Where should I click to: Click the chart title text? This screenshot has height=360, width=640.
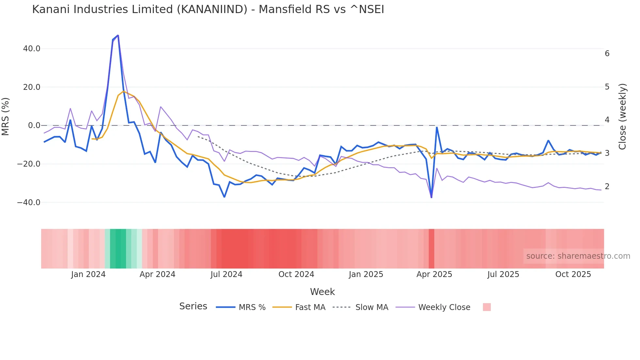(x=208, y=9)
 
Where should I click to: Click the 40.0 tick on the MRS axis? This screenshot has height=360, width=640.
(x=32, y=49)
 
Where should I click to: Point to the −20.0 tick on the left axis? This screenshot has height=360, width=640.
(x=29, y=164)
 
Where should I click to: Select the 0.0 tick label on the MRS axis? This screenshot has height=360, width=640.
(x=34, y=125)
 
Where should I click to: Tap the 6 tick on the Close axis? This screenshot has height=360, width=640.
(x=607, y=54)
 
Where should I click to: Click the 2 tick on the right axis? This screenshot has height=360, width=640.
(x=607, y=187)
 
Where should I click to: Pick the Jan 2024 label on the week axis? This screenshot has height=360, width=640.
(x=88, y=274)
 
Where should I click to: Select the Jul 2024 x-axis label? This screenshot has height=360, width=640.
(x=226, y=274)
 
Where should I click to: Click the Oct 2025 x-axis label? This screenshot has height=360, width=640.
(x=573, y=274)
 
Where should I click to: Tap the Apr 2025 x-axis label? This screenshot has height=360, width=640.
(x=434, y=274)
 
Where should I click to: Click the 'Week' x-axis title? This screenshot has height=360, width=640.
(x=322, y=292)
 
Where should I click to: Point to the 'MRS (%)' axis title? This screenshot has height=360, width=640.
(x=6, y=117)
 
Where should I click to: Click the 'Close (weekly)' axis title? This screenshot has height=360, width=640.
(x=622, y=117)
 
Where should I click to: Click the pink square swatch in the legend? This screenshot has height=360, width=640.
(x=487, y=307)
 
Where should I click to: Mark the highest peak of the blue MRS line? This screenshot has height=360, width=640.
(x=118, y=35)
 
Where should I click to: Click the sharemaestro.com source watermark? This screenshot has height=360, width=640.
(x=578, y=256)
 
